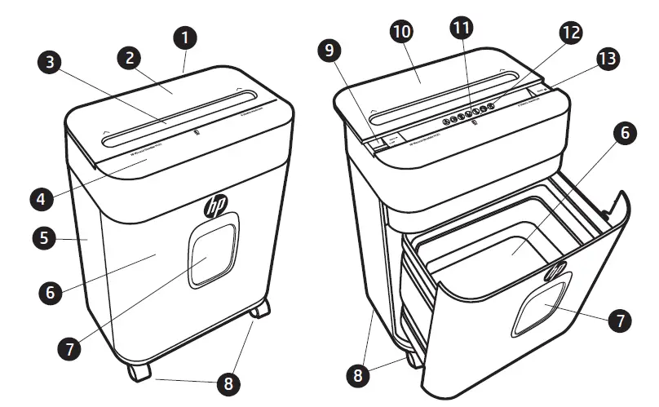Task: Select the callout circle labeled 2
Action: (130, 56)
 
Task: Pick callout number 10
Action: (402, 32)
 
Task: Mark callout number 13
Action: (607, 59)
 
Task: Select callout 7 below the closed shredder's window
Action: (68, 347)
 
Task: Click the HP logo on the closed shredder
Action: (217, 202)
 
